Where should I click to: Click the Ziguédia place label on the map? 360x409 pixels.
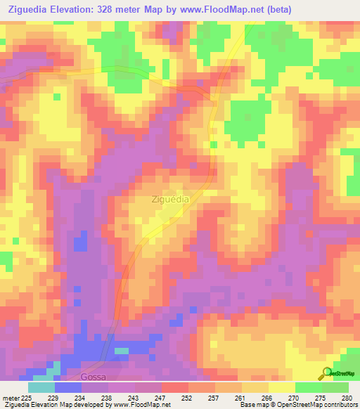[x=169, y=199]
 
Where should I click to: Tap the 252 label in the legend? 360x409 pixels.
[x=188, y=398]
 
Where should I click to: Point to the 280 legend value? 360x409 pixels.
[x=347, y=398]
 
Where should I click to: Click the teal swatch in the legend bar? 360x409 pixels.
[x=41, y=387]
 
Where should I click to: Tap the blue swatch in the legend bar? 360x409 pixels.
[x=67, y=387]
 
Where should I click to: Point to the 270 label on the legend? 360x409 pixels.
[x=295, y=398]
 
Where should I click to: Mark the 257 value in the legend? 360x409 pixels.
[x=215, y=398]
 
